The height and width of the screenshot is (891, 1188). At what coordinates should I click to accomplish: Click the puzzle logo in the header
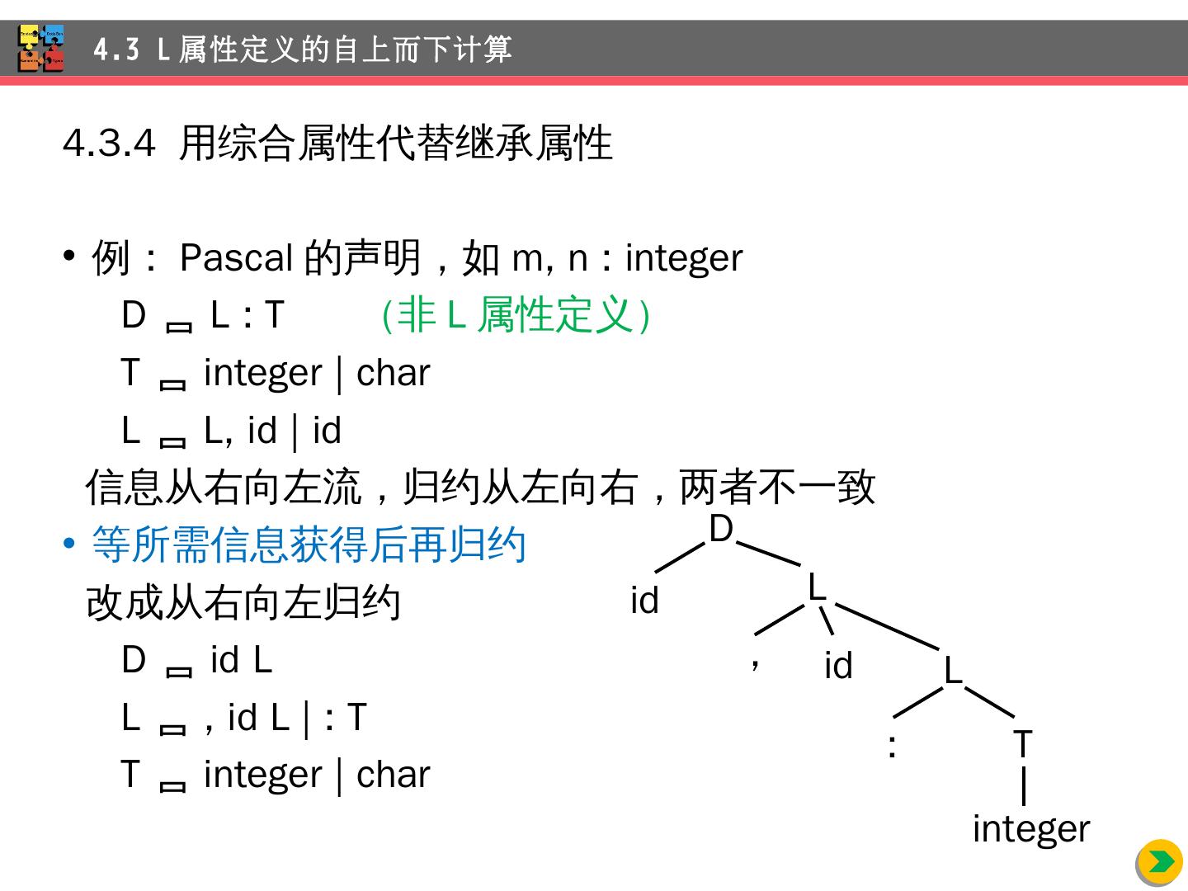41,49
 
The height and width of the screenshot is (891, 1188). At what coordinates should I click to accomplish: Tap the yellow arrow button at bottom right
1159,862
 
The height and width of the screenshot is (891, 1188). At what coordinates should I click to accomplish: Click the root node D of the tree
721,530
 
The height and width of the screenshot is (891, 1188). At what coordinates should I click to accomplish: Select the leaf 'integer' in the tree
1030,828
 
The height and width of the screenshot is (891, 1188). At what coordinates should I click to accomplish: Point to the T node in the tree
1022,744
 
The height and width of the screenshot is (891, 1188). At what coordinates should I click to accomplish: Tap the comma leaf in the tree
755,662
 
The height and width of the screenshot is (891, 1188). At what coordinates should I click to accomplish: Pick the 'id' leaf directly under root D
644,601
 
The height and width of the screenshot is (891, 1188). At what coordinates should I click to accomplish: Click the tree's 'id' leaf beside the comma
838,666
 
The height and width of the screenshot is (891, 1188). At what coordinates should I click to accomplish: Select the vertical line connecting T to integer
1023,785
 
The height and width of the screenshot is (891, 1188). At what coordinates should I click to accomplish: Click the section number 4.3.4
109,144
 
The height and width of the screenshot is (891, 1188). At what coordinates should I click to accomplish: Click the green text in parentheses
516,315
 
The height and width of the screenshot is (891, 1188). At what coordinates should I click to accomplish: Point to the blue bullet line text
309,545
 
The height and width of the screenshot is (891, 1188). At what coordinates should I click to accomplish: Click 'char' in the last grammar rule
393,775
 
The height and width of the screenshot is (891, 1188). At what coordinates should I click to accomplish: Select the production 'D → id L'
196,660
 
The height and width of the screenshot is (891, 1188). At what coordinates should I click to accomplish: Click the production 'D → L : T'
203,315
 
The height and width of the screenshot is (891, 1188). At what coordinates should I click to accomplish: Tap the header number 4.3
116,49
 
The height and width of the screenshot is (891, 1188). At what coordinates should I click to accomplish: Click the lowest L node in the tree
953,671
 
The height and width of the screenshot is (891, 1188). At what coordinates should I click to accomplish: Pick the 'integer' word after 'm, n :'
684,258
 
